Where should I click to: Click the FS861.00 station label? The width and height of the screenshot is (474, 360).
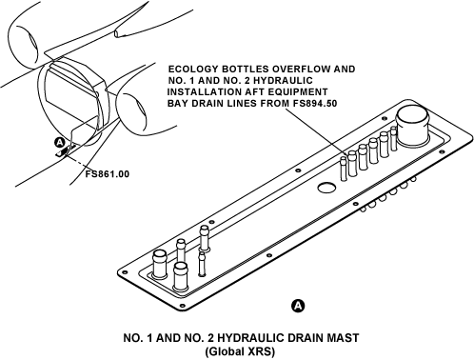(108, 174)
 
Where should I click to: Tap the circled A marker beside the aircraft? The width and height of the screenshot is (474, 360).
(60, 143)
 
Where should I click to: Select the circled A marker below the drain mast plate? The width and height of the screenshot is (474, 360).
(298, 306)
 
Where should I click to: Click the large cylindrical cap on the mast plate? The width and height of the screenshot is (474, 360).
(412, 126)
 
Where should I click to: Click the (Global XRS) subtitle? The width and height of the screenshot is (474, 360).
(240, 351)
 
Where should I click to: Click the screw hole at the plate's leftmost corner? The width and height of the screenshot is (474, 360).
(124, 272)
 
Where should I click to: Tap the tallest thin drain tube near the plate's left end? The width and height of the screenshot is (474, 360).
(204, 238)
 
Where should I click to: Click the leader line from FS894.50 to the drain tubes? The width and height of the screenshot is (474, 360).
(314, 132)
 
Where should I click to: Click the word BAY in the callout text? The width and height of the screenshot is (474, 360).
(177, 103)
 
